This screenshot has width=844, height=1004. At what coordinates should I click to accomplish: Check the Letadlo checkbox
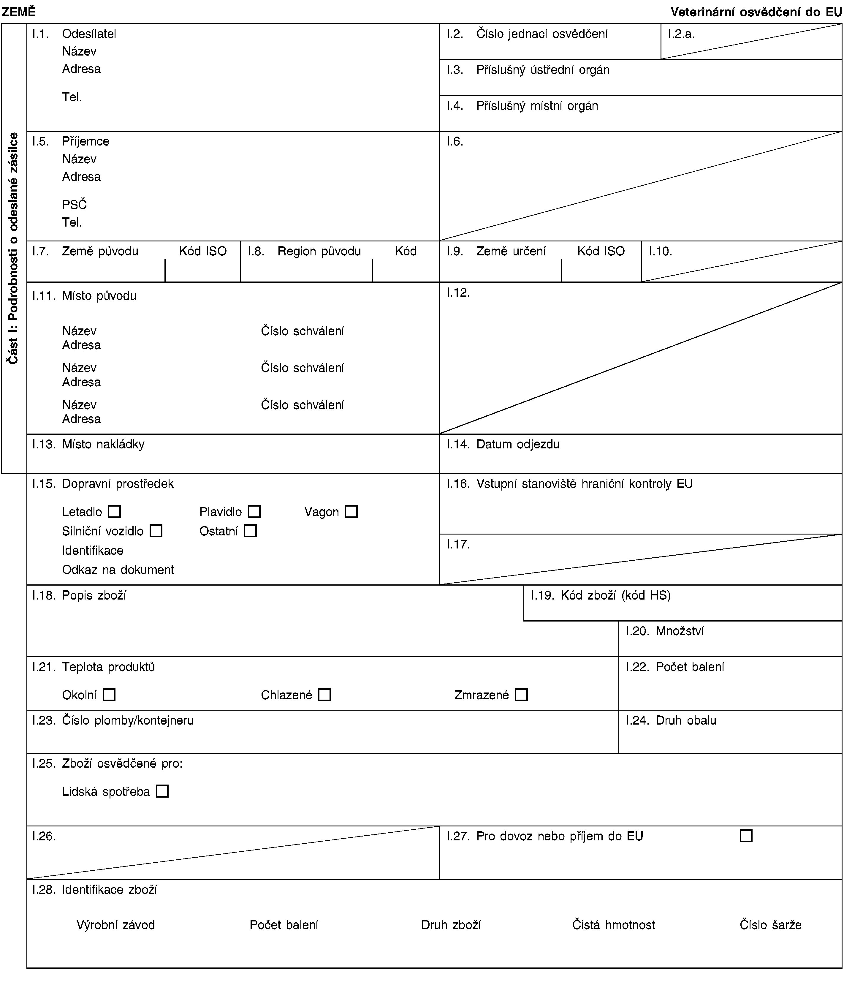coord(114,512)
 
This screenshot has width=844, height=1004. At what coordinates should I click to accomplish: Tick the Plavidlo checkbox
coord(254,512)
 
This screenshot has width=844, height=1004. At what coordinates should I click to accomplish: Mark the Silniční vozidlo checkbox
coord(156,531)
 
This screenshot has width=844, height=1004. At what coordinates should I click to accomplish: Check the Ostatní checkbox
coord(250,531)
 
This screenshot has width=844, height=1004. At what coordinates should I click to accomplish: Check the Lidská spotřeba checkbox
coord(162,791)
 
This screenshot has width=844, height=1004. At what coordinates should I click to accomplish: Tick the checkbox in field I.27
coord(746,836)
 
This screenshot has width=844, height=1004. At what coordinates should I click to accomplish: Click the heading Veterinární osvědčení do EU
coord(756,12)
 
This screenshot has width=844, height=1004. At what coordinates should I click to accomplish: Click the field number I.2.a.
coord(681,34)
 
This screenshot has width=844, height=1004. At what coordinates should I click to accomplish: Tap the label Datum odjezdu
coord(518,444)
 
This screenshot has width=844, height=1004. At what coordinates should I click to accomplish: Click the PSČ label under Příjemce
coord(75,205)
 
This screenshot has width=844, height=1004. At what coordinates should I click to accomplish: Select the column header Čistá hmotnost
coord(613,924)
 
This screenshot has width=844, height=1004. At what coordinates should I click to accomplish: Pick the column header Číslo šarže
coord(770,924)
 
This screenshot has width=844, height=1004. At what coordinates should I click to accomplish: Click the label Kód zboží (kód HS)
coord(615,595)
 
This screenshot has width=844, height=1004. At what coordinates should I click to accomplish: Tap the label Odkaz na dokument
coord(118,570)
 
